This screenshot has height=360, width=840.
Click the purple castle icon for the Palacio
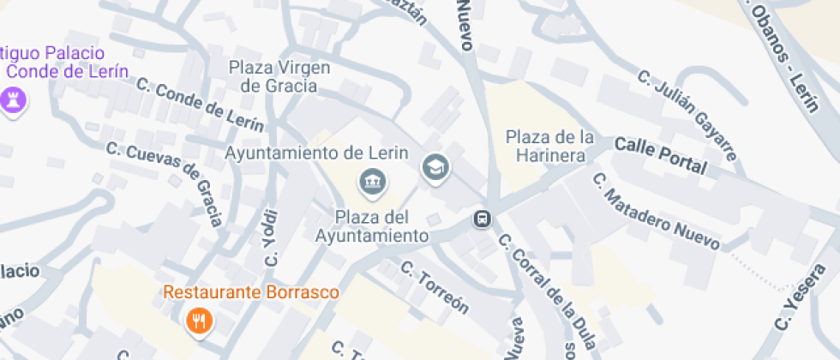click(13, 100)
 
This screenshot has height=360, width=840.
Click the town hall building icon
click(372, 182)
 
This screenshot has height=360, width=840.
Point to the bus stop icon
click(483, 219)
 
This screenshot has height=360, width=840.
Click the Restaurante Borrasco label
click(251, 292)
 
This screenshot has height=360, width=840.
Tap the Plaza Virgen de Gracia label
click(279, 76)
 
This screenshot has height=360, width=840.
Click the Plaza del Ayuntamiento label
click(371, 225)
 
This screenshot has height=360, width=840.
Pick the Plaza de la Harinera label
click(549, 146)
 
